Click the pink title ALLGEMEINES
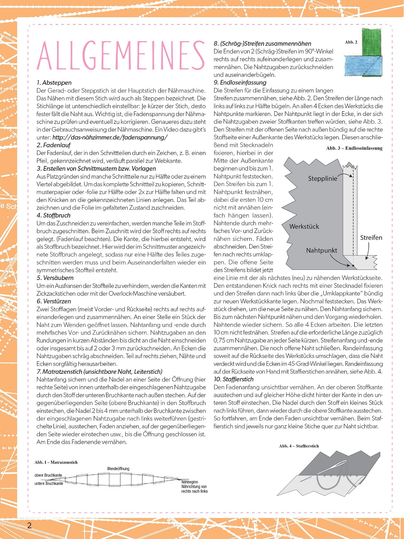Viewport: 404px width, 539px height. tap(121, 55)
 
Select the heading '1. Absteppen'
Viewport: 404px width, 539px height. tap(54, 83)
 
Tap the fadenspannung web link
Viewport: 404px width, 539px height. tap(110, 137)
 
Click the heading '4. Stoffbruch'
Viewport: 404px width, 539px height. tap(53, 215)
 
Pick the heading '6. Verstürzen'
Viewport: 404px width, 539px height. tap(54, 301)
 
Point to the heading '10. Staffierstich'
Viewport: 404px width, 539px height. tap(233, 379)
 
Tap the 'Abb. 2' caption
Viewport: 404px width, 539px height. tap(351, 42)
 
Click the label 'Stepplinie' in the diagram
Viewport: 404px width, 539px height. tap(322, 179)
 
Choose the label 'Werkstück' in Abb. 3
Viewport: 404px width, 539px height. tap(304, 226)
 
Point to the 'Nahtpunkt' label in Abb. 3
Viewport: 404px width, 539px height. tap(321, 250)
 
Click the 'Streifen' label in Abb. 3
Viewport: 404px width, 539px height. tap(371, 238)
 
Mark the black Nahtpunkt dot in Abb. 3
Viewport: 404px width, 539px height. tap(353, 266)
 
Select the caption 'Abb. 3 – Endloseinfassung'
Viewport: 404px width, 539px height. tap(354, 148)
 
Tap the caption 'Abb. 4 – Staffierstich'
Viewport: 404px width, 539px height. tap(299, 446)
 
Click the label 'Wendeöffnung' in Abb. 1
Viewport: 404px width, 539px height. tap(118, 469)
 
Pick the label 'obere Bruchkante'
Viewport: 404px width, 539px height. tap(48, 475)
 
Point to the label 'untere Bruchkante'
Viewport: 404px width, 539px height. tap(49, 483)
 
